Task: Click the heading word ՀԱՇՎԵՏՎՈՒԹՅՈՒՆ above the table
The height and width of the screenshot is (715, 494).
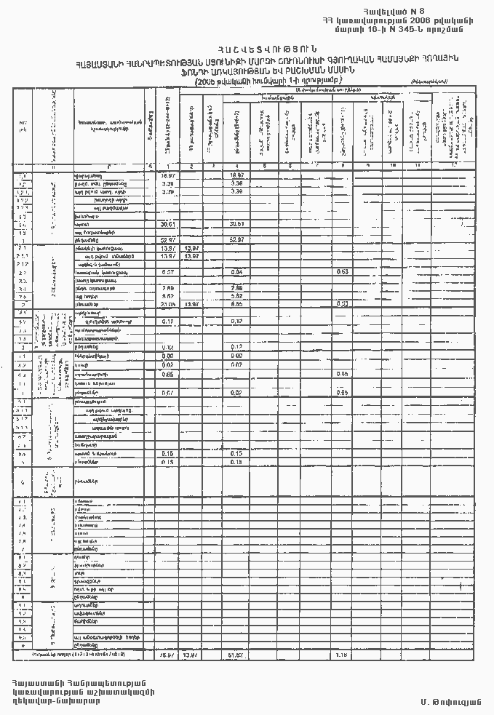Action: (x=247, y=49)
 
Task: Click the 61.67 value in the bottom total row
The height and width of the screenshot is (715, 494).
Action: (x=235, y=655)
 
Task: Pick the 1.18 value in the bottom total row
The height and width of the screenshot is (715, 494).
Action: (x=342, y=655)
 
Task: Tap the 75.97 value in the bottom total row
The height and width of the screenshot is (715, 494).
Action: (x=168, y=655)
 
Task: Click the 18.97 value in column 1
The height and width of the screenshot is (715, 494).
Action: (x=168, y=176)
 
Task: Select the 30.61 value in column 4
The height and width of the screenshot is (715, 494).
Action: (x=235, y=224)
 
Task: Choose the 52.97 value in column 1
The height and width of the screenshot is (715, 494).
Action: (x=168, y=239)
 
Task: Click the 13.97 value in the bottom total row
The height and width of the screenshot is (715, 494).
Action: (x=191, y=655)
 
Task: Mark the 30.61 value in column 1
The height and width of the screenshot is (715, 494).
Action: (x=168, y=224)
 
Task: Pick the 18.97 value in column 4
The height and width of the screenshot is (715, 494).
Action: (x=235, y=176)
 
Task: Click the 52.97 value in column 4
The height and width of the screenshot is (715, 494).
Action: (x=235, y=239)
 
